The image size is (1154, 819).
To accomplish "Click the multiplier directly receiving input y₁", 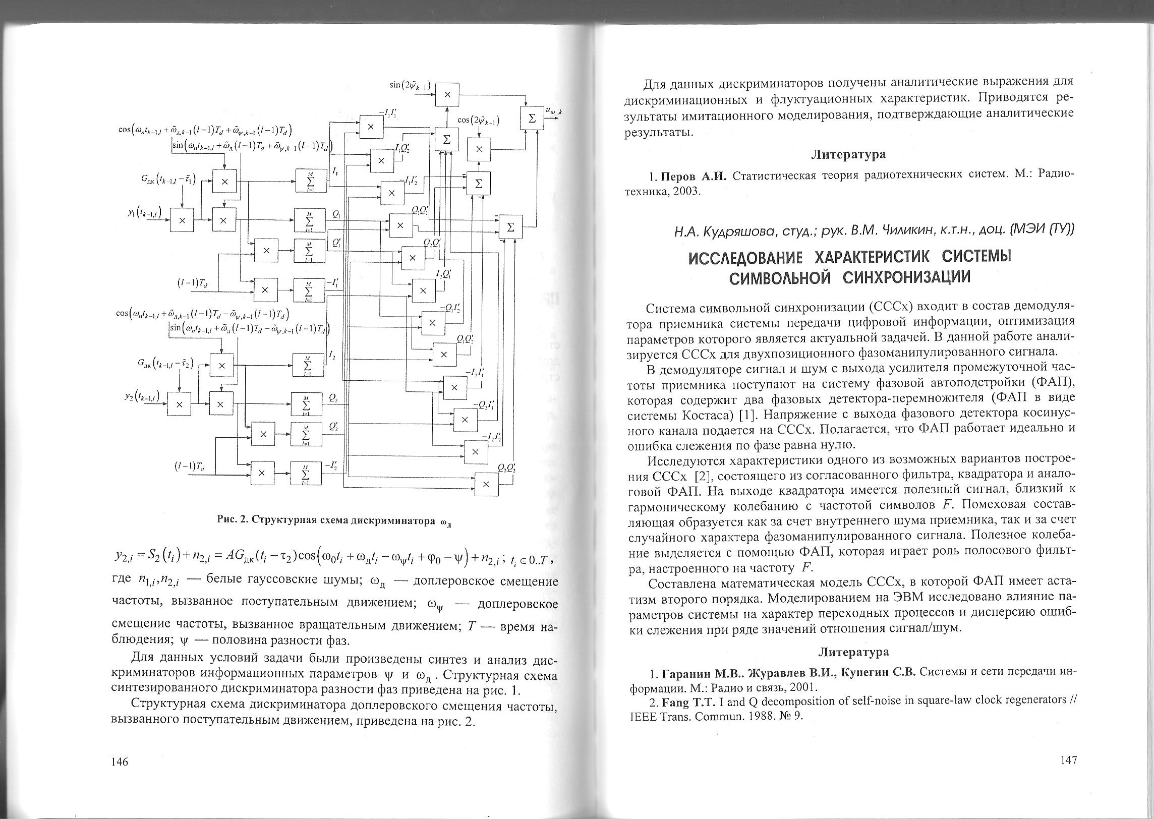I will point(182,220).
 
